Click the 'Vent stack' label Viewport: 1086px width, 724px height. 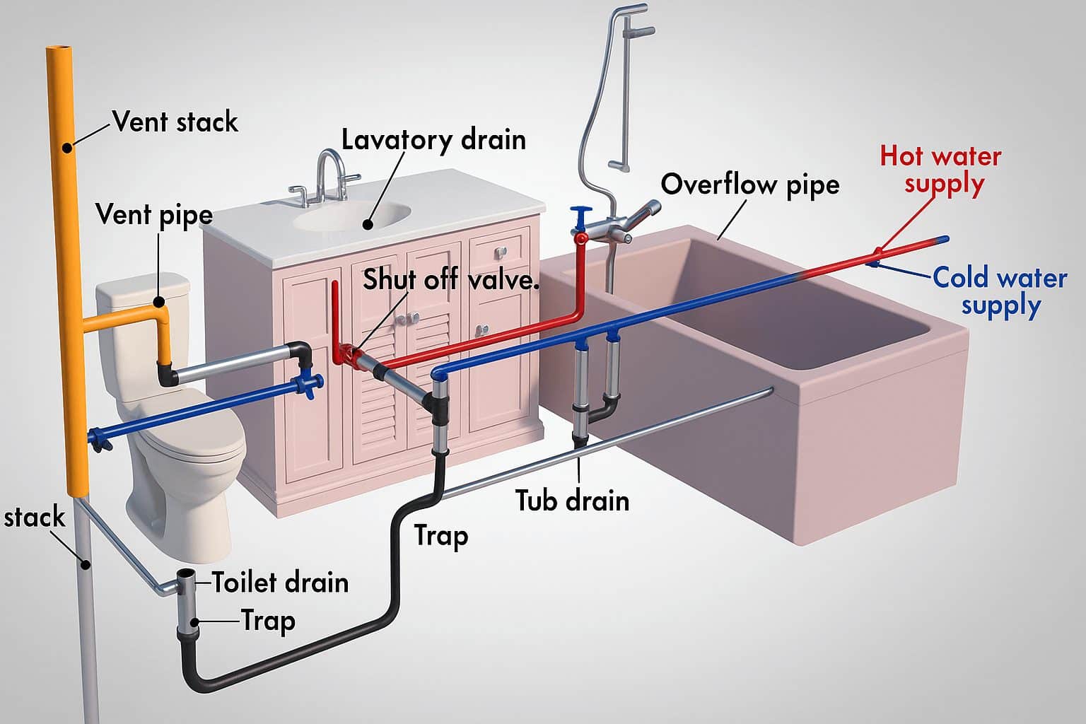(x=175, y=122)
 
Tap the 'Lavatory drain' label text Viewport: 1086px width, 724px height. (x=433, y=139)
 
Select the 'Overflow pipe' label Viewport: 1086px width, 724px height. (x=749, y=185)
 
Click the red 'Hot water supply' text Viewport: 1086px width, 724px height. (x=941, y=169)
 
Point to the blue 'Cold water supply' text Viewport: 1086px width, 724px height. (x=999, y=291)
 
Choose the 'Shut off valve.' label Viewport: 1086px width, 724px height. (x=450, y=280)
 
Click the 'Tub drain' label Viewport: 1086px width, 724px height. (x=572, y=501)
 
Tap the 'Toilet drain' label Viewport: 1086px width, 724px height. (x=280, y=583)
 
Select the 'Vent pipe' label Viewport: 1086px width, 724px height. (x=153, y=214)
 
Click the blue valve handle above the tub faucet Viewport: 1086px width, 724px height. (x=582, y=214)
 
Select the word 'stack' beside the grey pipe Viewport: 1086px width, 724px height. (x=34, y=518)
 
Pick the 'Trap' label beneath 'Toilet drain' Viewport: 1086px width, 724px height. (x=268, y=621)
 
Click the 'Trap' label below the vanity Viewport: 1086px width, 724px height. (x=440, y=535)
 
